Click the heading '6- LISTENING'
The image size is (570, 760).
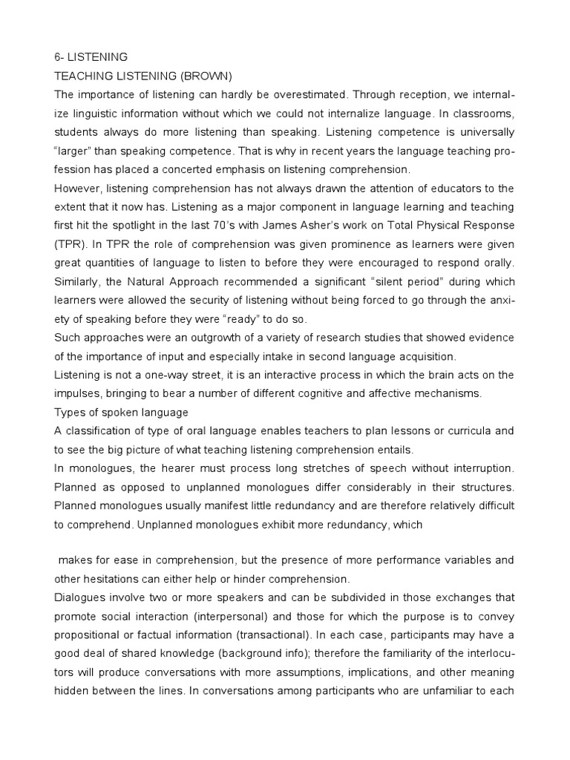[91, 56]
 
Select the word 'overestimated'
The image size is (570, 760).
[299, 94]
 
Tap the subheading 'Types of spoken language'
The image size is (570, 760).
[122, 412]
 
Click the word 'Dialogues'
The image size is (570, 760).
[82, 597]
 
